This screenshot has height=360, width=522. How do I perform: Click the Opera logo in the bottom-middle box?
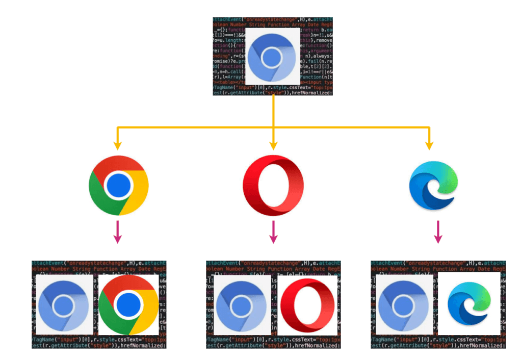304,305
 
